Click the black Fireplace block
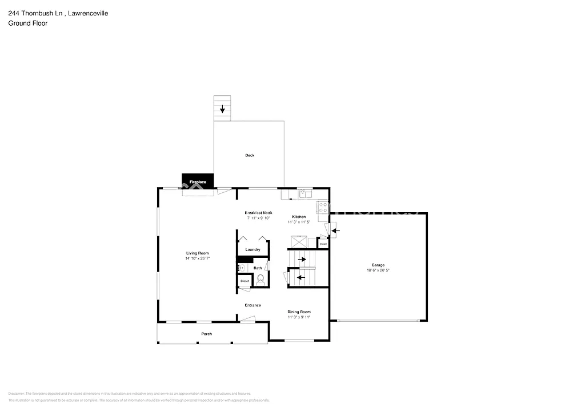(x=198, y=181)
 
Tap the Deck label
(x=250, y=155)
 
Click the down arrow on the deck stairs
(x=222, y=108)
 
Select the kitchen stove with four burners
(x=323, y=207)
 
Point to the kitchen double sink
(x=304, y=195)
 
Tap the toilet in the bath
(x=261, y=280)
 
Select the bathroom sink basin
(x=241, y=268)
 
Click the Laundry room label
(x=253, y=249)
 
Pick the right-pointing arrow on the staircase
(x=302, y=259)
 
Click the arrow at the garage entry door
(x=335, y=230)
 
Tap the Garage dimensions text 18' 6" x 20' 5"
(x=378, y=270)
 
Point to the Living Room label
(x=197, y=253)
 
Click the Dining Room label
(x=299, y=311)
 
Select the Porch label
(x=206, y=334)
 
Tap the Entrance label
(x=253, y=305)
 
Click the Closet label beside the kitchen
(x=323, y=244)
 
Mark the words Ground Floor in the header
(x=27, y=23)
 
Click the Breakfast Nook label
(x=259, y=212)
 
